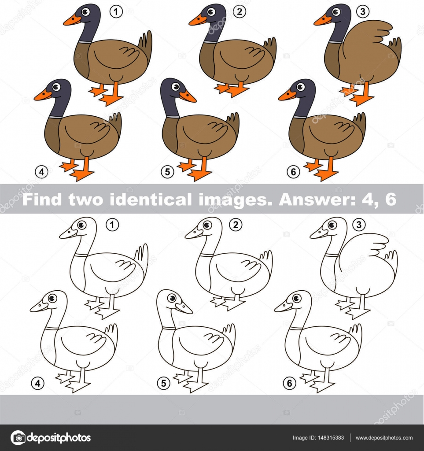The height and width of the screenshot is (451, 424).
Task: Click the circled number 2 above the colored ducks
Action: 239,12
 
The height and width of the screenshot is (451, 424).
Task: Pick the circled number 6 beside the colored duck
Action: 293,172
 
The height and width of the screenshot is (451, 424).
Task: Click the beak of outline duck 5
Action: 184,308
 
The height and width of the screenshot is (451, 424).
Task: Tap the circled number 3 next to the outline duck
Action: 359,225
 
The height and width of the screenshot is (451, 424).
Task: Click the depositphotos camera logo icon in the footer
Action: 18,438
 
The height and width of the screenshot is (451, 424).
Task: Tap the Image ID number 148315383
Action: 328,438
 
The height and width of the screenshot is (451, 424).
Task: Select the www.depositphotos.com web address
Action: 384,438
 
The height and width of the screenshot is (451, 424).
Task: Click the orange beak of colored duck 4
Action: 43,95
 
